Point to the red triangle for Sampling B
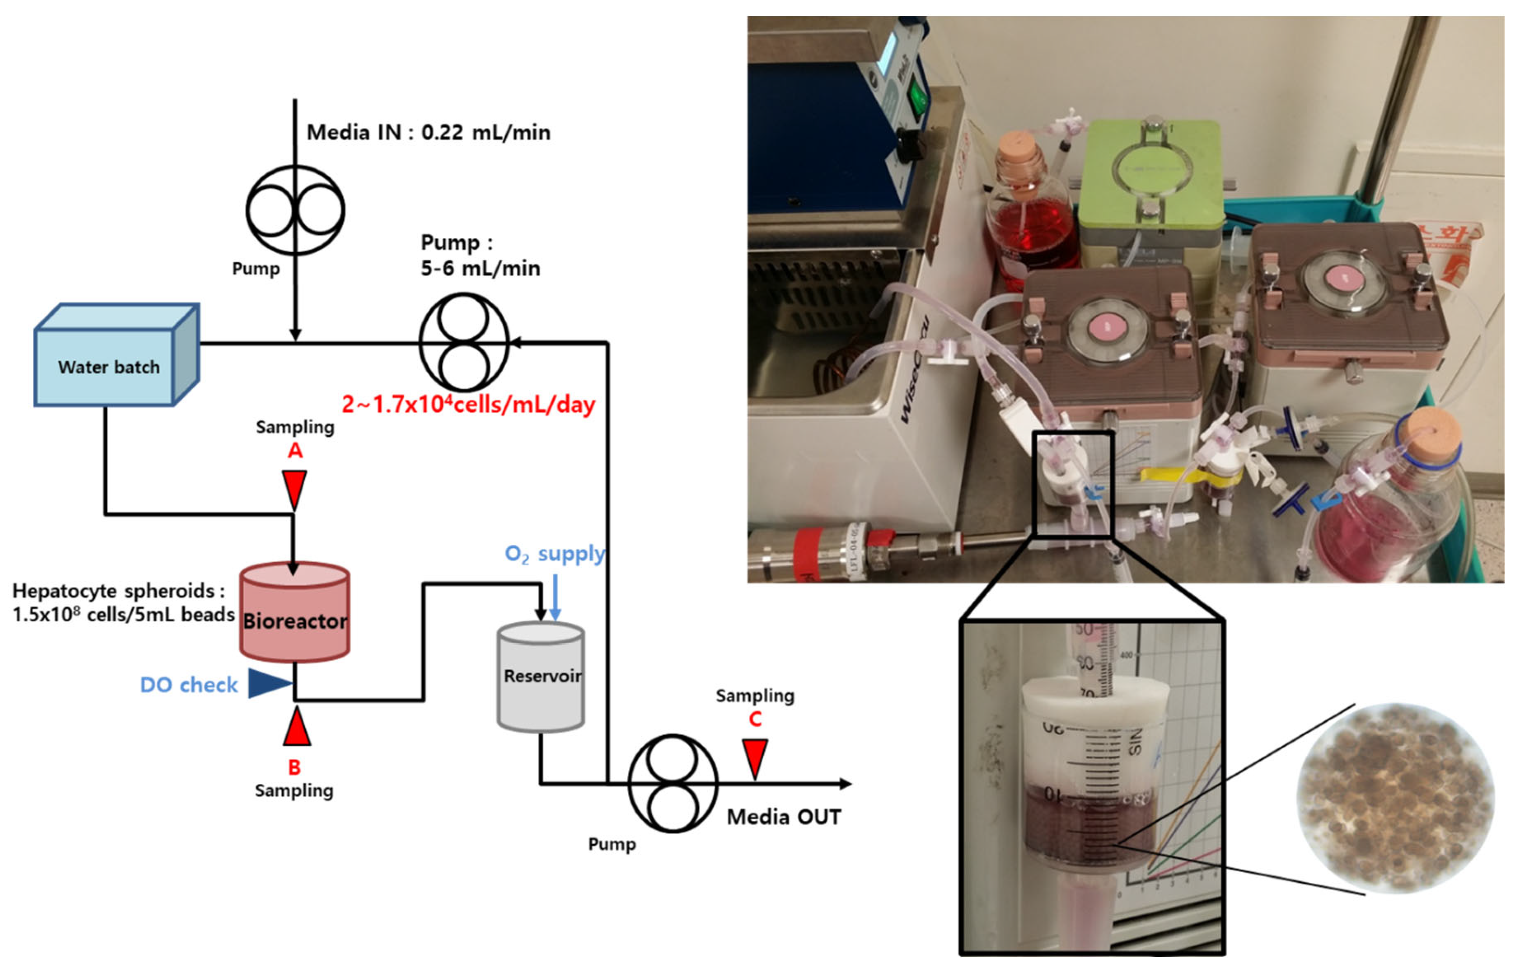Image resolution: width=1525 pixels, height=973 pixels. [296, 729]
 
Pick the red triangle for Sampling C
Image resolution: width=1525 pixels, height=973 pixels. [755, 757]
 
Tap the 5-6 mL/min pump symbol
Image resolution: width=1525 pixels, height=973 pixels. [464, 342]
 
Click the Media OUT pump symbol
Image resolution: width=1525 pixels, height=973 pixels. [673, 783]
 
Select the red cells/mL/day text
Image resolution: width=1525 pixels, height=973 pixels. [468, 404]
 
